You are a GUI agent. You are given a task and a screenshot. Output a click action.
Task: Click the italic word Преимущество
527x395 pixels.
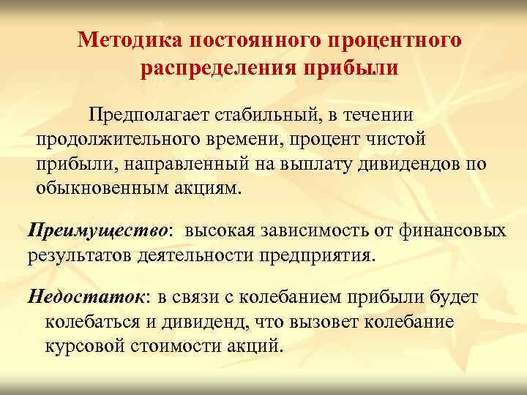pyautogui.click(x=98, y=231)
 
